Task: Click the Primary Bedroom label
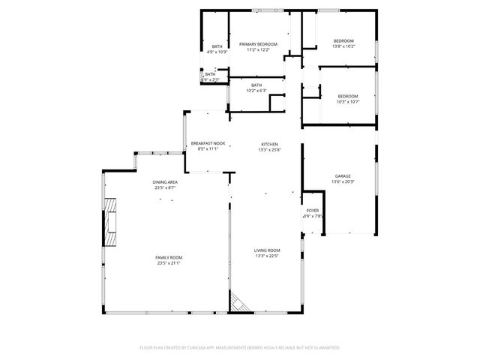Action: [x=259, y=44]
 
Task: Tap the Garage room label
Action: [x=343, y=176]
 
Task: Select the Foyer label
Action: [x=313, y=211]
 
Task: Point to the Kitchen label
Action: [x=269, y=144]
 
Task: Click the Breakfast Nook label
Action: [x=208, y=143]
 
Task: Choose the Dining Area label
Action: [x=165, y=182]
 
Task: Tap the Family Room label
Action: [x=169, y=257]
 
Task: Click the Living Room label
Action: [x=267, y=250]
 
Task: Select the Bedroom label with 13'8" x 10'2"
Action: [x=343, y=40]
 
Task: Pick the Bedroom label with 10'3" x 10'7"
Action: [x=348, y=96]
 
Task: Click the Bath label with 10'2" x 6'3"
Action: [x=256, y=85]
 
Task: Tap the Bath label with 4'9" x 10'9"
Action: [x=217, y=46]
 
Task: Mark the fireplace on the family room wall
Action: [x=111, y=223]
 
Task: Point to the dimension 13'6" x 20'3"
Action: [x=343, y=181]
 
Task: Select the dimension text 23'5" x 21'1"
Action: [x=169, y=263]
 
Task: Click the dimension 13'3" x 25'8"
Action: [x=269, y=149]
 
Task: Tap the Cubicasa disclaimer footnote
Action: [x=240, y=348]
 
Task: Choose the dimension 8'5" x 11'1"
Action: [x=208, y=148]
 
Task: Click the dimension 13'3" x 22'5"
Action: [x=267, y=256]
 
